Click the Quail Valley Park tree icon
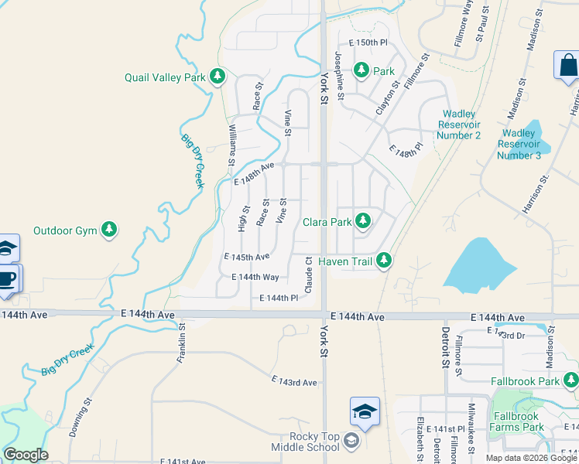218,77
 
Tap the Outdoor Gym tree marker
110,230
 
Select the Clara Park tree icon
362,221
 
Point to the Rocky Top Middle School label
305,442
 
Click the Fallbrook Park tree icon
570,380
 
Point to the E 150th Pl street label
367,43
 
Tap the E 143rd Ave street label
294,382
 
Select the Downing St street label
80,418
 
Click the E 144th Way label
255,276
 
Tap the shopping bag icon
567,67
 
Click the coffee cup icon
7,278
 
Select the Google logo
26,455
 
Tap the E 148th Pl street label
406,148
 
